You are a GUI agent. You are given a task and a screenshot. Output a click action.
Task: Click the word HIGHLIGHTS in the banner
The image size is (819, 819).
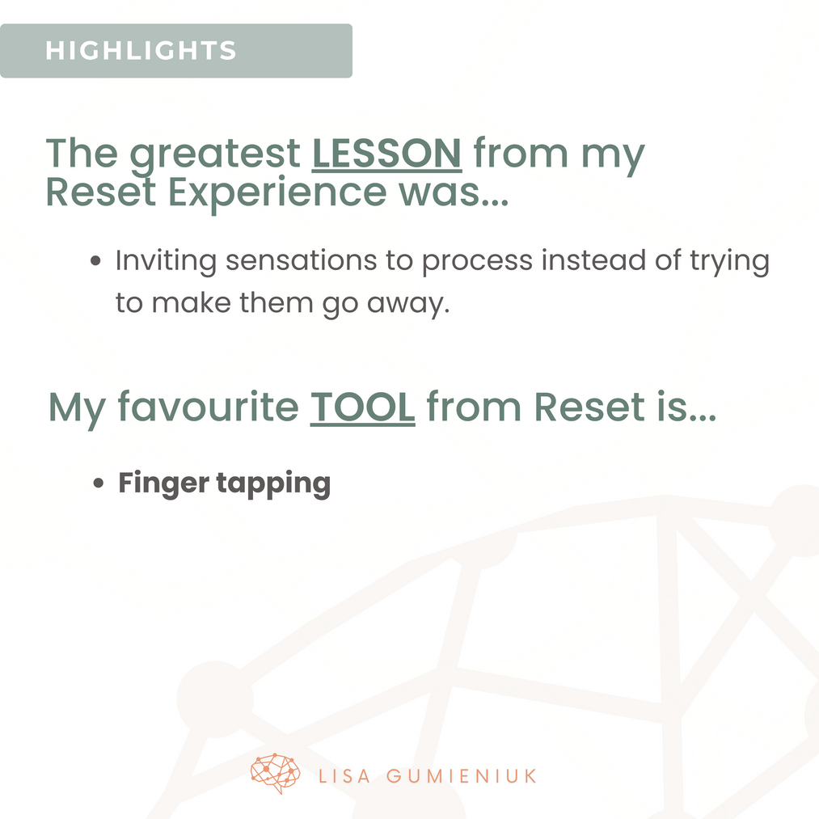coord(141,51)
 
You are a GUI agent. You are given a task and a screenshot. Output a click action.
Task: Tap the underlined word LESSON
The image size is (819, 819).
coord(387,154)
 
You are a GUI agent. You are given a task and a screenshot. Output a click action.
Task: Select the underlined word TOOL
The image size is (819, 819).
coord(362,407)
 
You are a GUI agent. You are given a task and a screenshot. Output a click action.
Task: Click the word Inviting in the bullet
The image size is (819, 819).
coord(166,261)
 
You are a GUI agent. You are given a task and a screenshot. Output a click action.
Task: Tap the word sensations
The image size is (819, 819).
coord(301,260)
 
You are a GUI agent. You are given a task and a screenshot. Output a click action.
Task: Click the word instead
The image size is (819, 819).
coord(593,260)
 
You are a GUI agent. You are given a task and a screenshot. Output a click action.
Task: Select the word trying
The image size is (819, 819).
coord(730,261)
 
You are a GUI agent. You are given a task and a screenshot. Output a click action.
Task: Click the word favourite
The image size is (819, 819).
coord(208,407)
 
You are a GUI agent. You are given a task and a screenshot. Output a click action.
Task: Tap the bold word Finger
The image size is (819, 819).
coord(164,483)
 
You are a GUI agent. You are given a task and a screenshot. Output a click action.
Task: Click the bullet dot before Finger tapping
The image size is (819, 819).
coord(98,483)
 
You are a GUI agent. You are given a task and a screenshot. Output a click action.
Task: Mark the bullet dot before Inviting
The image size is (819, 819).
coord(95,260)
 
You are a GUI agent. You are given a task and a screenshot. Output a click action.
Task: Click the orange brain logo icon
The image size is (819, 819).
coord(275,774)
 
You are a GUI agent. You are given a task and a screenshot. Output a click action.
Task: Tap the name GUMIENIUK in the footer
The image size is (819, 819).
coord(462,776)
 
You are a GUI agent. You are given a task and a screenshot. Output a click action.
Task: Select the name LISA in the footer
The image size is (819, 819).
coord(344,776)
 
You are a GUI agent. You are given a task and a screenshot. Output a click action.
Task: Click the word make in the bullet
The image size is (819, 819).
coord(191,303)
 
